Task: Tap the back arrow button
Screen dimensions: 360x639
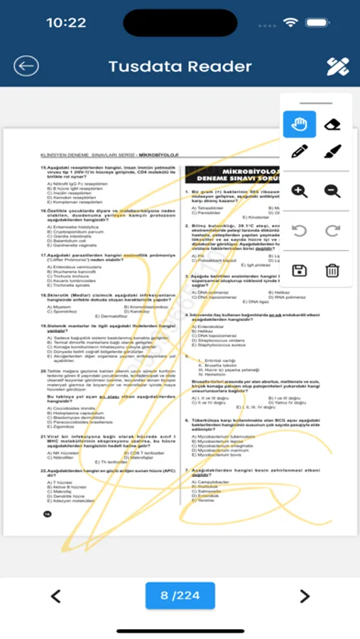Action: [x=26, y=66]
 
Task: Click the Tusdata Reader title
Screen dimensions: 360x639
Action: [x=180, y=67]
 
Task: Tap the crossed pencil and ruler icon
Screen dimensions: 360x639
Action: [x=337, y=67]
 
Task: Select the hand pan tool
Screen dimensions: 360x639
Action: [x=299, y=124]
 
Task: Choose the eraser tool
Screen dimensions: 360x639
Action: [x=332, y=124]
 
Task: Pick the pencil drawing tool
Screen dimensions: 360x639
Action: [x=299, y=151]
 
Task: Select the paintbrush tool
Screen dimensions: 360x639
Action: [x=332, y=151]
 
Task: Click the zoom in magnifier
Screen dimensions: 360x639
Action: [x=299, y=190]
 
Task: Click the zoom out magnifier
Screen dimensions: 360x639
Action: [x=332, y=190]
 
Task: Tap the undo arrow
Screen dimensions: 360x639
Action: [x=299, y=231]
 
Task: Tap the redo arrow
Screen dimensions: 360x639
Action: [x=332, y=231]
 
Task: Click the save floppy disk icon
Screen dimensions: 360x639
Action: [x=299, y=270]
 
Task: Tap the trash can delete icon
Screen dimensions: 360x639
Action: [x=332, y=270]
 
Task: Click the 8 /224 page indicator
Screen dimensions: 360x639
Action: [x=180, y=596]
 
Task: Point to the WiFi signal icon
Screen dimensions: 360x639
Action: [x=290, y=23]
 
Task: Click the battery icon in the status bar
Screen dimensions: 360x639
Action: [x=317, y=23]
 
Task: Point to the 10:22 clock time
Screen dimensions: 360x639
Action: [x=66, y=23]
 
